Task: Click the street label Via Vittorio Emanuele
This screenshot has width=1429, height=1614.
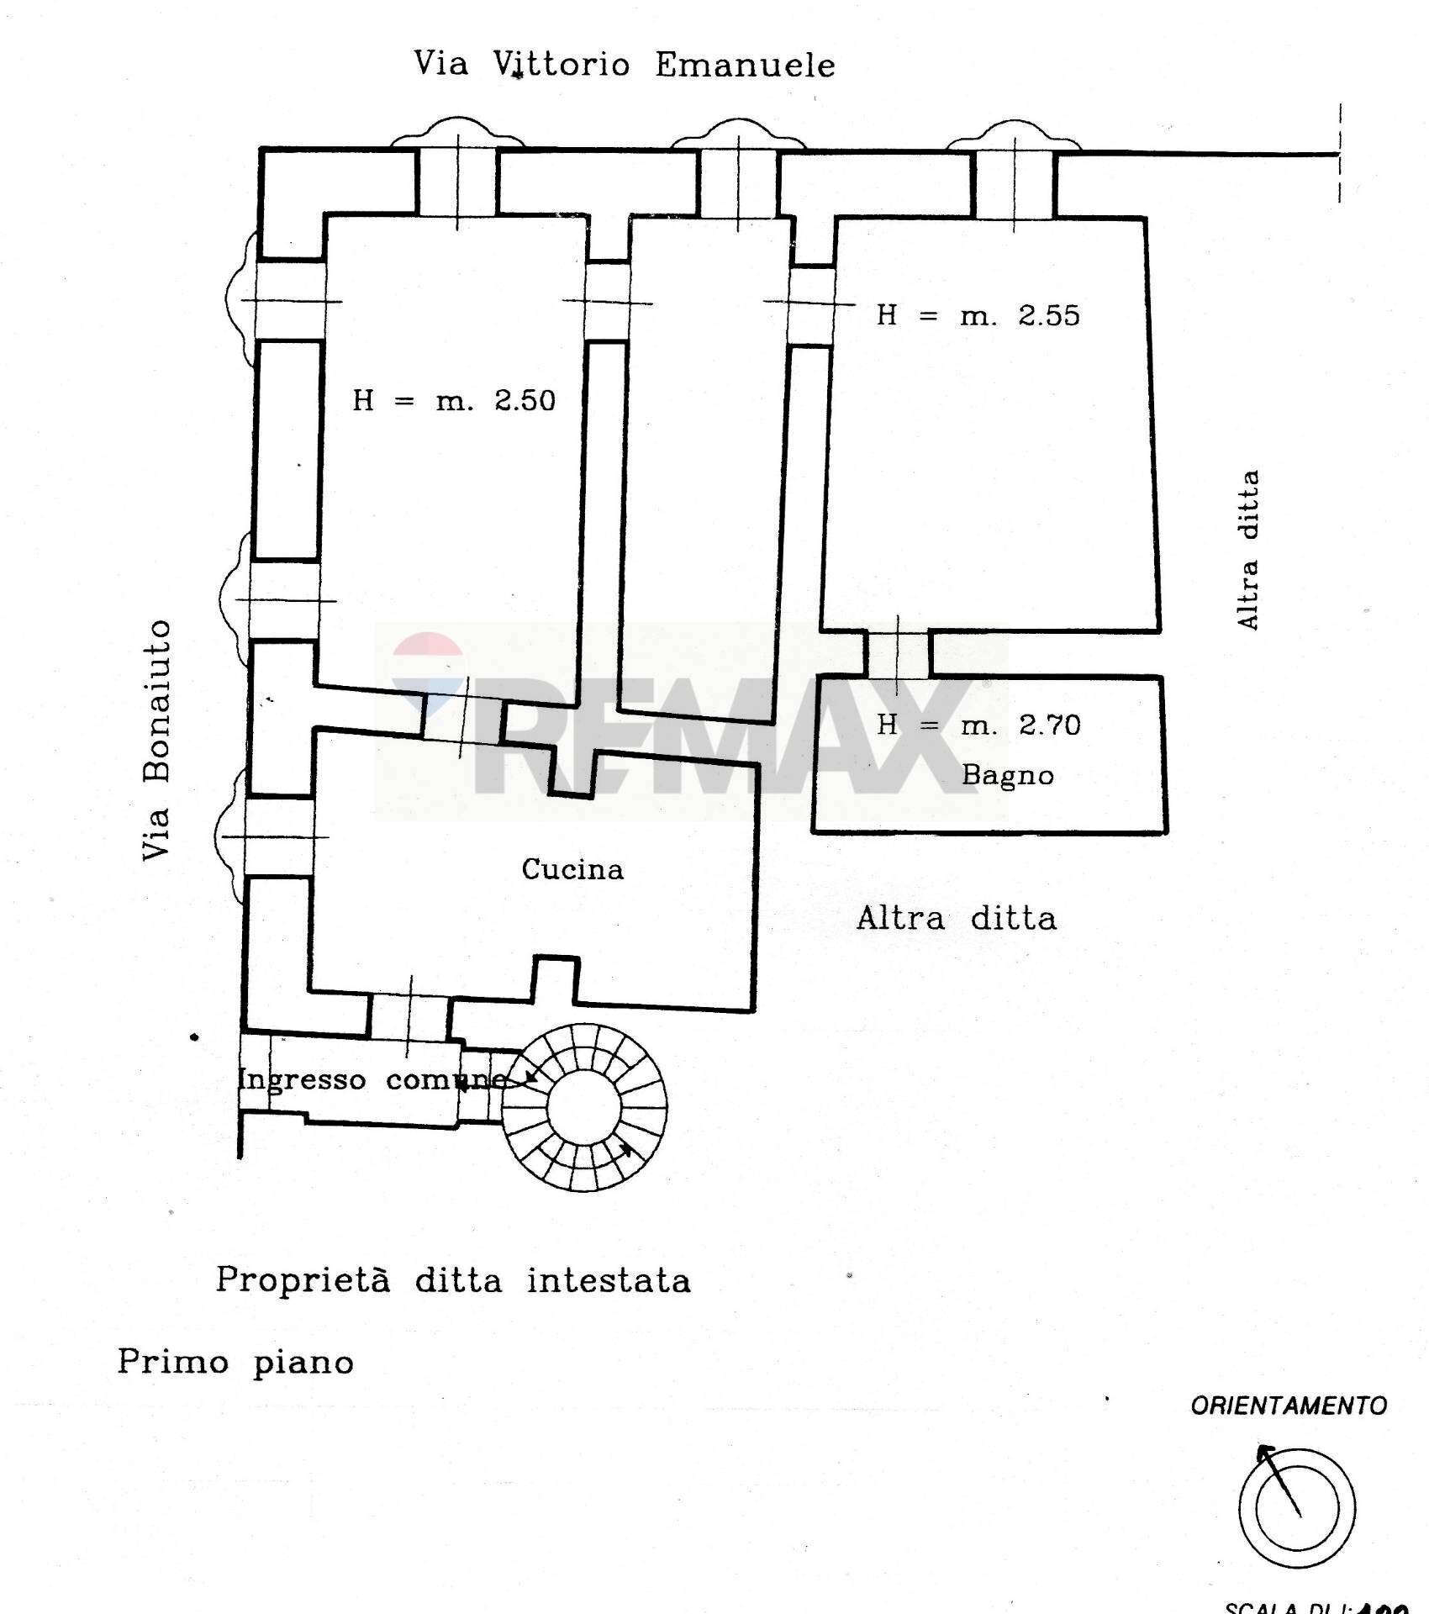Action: pos(625,65)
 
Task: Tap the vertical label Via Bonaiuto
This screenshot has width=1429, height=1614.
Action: pos(157,741)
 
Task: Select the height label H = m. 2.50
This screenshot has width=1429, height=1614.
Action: pos(454,400)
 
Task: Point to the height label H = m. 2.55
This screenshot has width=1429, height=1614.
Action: pos(978,315)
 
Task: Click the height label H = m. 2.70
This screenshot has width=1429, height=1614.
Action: pos(978,725)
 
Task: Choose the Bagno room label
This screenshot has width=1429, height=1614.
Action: pos(1007,774)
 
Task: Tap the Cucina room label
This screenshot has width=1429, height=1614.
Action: pos(572,869)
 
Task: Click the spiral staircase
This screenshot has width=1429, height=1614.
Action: pos(585,1106)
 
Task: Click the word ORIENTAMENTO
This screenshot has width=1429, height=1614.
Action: pos(1288,1406)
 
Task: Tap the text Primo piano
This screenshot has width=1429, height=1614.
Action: pos(235,1362)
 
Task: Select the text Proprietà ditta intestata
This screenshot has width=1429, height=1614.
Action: pos(453,1281)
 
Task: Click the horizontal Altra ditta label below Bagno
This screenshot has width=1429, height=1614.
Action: pos(956,918)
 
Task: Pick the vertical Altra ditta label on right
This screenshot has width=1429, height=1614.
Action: pos(1248,550)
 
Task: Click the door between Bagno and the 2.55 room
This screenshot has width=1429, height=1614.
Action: pos(898,654)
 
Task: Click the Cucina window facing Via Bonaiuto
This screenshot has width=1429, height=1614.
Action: pos(273,837)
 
